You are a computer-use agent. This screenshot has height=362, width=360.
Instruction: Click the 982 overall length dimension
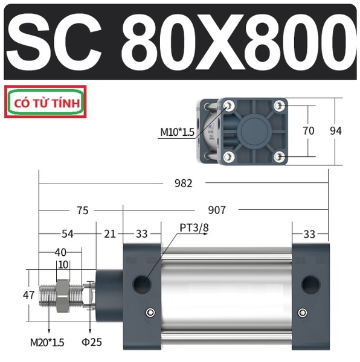point(184,183)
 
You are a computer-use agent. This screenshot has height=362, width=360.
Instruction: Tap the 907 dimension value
point(217,210)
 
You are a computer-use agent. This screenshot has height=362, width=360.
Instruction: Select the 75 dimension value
point(83,211)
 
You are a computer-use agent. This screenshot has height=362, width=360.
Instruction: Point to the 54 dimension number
point(68,234)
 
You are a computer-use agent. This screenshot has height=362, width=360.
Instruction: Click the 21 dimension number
point(110,234)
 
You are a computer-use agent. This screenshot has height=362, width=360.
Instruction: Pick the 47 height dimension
point(28,295)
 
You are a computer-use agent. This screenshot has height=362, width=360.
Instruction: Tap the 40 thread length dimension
point(60,253)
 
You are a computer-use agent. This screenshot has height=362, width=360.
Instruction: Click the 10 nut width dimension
point(63,265)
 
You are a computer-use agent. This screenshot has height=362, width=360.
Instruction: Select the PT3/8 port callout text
point(194,228)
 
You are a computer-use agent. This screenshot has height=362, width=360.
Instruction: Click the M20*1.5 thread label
point(47,343)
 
